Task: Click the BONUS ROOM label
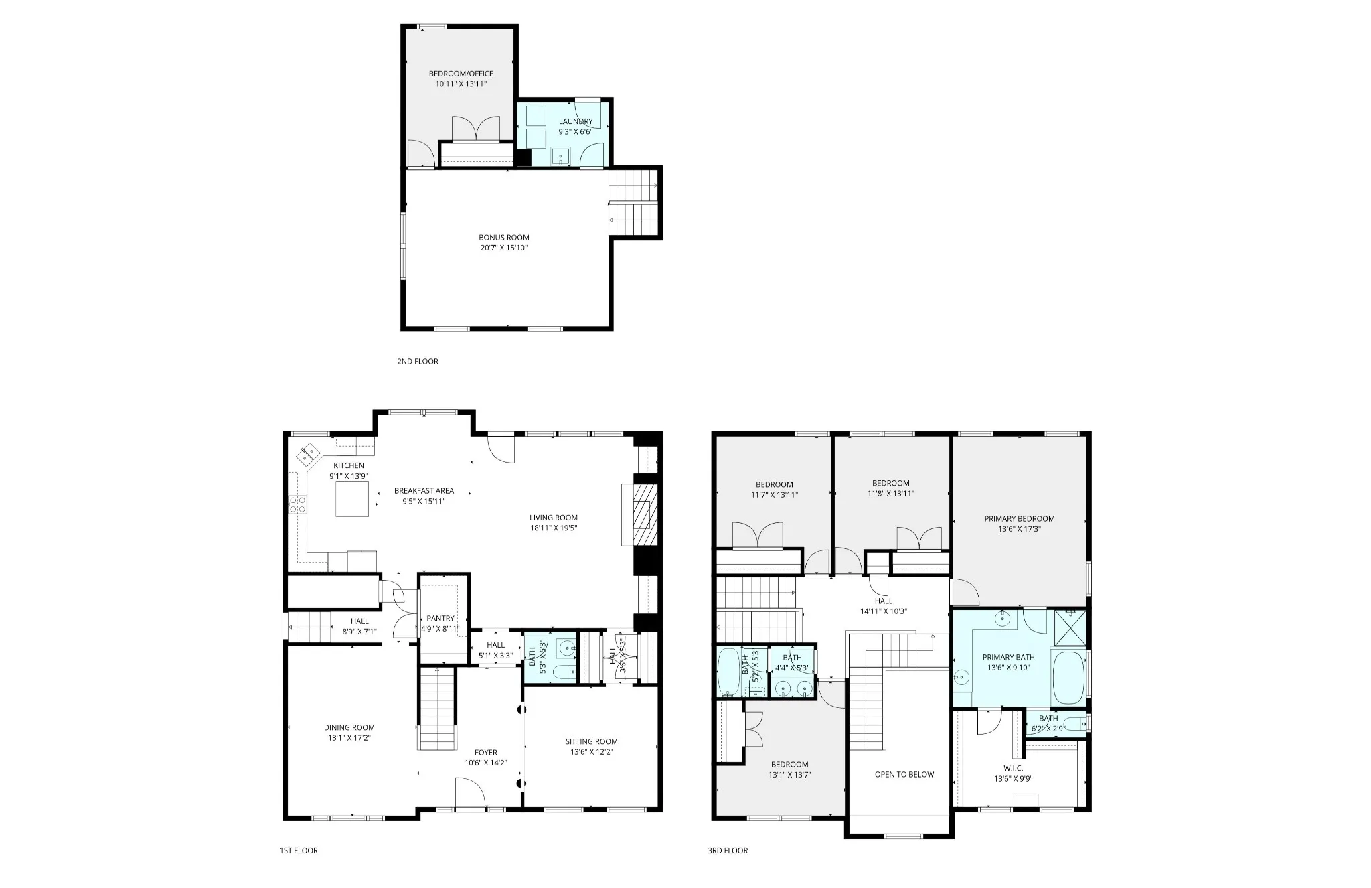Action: click(503, 238)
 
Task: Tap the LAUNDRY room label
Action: click(576, 122)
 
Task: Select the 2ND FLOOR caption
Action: click(418, 362)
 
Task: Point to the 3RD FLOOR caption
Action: click(728, 850)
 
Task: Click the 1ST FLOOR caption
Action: click(299, 850)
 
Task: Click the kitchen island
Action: click(351, 499)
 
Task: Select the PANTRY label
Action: click(440, 619)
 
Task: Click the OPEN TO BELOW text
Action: click(904, 775)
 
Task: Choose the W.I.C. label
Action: click(1013, 769)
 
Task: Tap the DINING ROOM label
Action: click(349, 728)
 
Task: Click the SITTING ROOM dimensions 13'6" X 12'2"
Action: click(591, 752)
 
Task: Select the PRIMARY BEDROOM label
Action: click(1020, 519)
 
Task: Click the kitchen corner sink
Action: click(309, 455)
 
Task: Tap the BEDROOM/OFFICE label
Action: click(461, 74)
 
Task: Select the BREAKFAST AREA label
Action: click(424, 491)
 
